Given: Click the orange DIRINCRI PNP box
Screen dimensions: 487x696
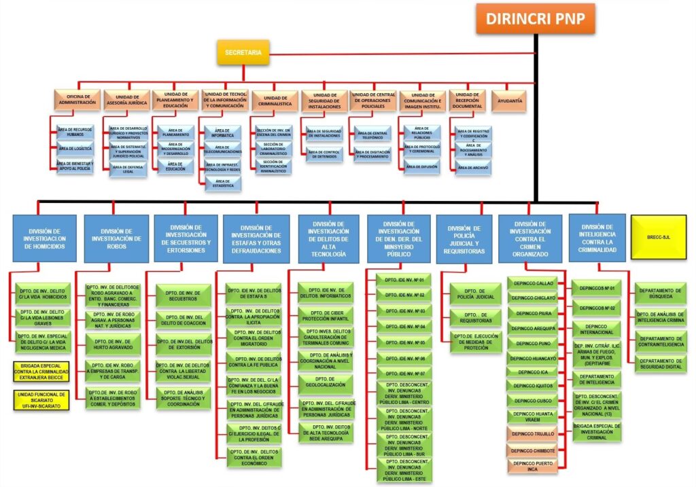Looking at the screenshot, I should tap(535, 18).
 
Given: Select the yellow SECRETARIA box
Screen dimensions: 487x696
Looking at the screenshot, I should tap(243, 52).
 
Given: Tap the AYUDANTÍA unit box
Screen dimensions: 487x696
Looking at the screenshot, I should tap(510, 101).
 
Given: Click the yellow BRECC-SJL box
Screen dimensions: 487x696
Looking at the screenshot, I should tap(659, 236).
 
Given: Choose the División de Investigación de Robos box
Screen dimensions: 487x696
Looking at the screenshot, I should tap(116, 238).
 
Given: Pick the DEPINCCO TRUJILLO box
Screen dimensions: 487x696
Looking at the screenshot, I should tap(534, 433).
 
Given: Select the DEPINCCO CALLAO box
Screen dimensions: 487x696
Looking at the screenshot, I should tap(534, 283).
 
